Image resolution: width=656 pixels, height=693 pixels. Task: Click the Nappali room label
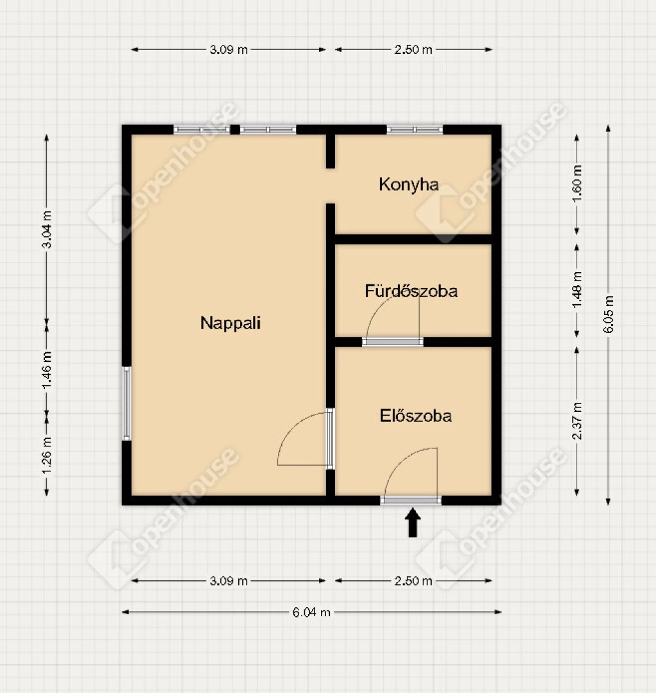click(x=231, y=323)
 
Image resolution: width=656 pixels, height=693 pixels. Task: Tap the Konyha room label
click(x=409, y=184)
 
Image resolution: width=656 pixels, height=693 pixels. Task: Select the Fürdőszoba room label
click(x=411, y=291)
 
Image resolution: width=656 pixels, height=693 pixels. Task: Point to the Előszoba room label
click(x=416, y=416)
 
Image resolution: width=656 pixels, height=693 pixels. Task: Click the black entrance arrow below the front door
click(x=413, y=523)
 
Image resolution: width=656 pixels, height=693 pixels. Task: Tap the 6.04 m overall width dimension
click(x=311, y=612)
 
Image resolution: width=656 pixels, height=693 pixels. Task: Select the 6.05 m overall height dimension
click(x=609, y=314)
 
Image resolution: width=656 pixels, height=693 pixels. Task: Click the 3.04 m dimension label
click(x=47, y=229)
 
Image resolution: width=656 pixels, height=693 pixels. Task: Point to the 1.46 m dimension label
click(x=47, y=370)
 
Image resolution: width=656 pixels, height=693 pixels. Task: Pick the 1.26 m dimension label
click(x=47, y=455)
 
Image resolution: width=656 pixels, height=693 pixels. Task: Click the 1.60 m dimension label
click(x=577, y=183)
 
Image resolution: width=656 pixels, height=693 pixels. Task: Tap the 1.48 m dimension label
click(x=577, y=290)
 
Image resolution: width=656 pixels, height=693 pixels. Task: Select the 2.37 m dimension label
click(x=577, y=421)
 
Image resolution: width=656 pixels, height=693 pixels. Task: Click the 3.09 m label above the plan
click(x=229, y=49)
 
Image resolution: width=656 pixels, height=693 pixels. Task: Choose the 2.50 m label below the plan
click(x=413, y=581)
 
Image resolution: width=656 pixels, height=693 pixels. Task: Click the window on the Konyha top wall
click(x=414, y=129)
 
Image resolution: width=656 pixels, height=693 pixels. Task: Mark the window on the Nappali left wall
click(x=127, y=404)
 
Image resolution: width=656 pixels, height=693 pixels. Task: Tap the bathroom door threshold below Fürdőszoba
click(x=393, y=341)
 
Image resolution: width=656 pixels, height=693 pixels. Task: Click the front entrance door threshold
click(x=411, y=500)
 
